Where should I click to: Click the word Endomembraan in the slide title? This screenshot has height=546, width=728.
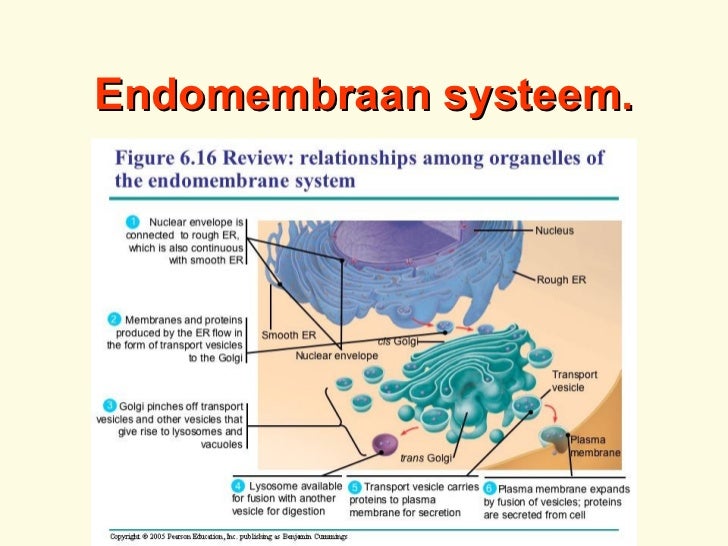click(263, 95)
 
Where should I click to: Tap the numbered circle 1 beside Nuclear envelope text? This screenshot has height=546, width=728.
click(133, 222)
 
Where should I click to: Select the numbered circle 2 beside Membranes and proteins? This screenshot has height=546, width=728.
click(114, 319)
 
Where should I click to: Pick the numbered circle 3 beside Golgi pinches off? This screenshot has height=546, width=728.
click(110, 406)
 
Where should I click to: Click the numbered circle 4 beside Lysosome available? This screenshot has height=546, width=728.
click(238, 486)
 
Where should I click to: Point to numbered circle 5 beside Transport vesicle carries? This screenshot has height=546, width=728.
click(355, 487)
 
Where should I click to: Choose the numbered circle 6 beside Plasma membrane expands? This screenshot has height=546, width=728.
click(490, 488)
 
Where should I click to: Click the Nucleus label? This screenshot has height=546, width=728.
click(554, 230)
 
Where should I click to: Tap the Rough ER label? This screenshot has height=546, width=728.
click(561, 280)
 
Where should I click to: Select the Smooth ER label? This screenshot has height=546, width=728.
click(288, 335)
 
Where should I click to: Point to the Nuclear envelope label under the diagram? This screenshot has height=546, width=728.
click(337, 356)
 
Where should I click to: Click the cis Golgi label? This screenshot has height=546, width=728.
click(398, 341)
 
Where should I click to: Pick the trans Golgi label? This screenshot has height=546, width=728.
click(426, 458)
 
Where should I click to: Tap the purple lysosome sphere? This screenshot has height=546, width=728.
click(385, 444)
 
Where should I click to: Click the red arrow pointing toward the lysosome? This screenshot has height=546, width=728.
click(409, 431)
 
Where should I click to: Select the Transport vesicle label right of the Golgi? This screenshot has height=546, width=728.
click(574, 381)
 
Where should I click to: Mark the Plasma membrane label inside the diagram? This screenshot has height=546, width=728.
click(595, 446)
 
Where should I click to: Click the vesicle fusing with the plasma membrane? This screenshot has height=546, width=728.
click(554, 439)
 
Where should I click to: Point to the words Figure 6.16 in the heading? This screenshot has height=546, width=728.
click(166, 158)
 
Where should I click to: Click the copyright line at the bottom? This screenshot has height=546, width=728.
click(228, 537)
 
